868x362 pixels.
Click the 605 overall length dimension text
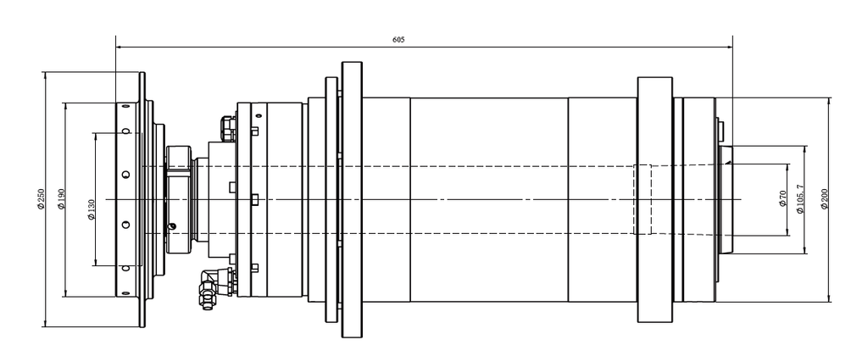pyautogui.click(x=398, y=40)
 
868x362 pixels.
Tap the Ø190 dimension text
pyautogui.click(x=61, y=198)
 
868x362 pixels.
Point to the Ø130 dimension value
pyautogui.click(x=92, y=209)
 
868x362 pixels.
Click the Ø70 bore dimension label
pyautogui.click(x=782, y=198)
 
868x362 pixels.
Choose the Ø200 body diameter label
pyautogui.click(x=824, y=198)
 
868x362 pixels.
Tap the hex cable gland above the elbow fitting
pyautogui.click(x=227, y=128)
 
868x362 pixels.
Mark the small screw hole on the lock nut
pyautogui.click(x=172, y=226)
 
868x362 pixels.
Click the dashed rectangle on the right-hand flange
pyautogui.click(x=643, y=199)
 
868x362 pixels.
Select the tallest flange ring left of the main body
pyautogui.click(x=352, y=199)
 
